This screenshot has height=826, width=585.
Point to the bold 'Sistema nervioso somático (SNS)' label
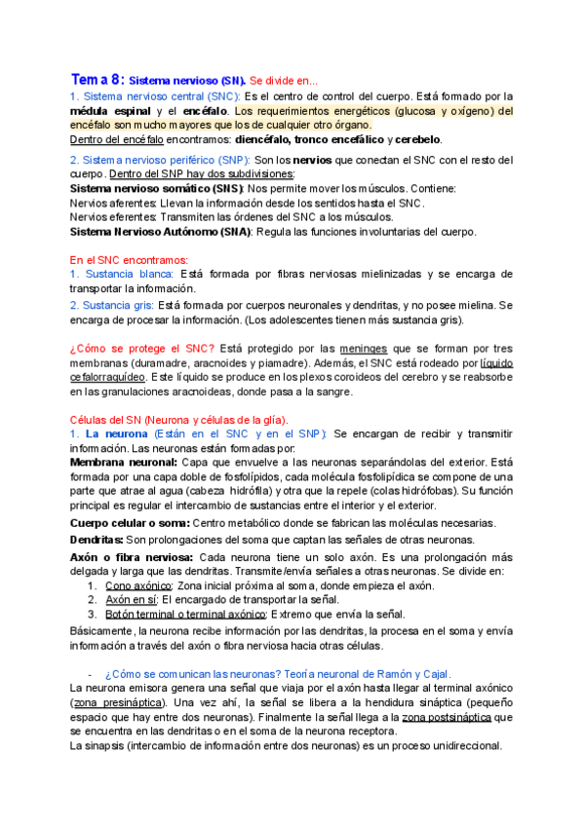point(157,188)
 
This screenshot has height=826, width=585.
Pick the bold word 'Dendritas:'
point(97,539)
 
